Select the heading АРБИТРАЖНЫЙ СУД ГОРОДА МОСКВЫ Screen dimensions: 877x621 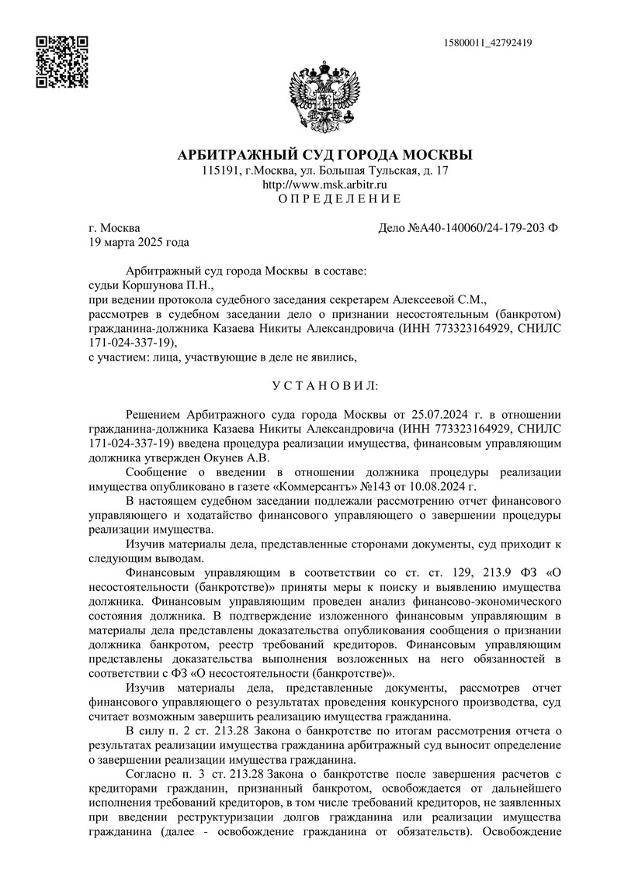tap(324, 155)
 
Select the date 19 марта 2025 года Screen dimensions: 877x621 tap(139, 242)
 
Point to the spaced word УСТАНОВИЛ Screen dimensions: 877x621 tap(324, 385)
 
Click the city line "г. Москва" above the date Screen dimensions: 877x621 tap(115, 228)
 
